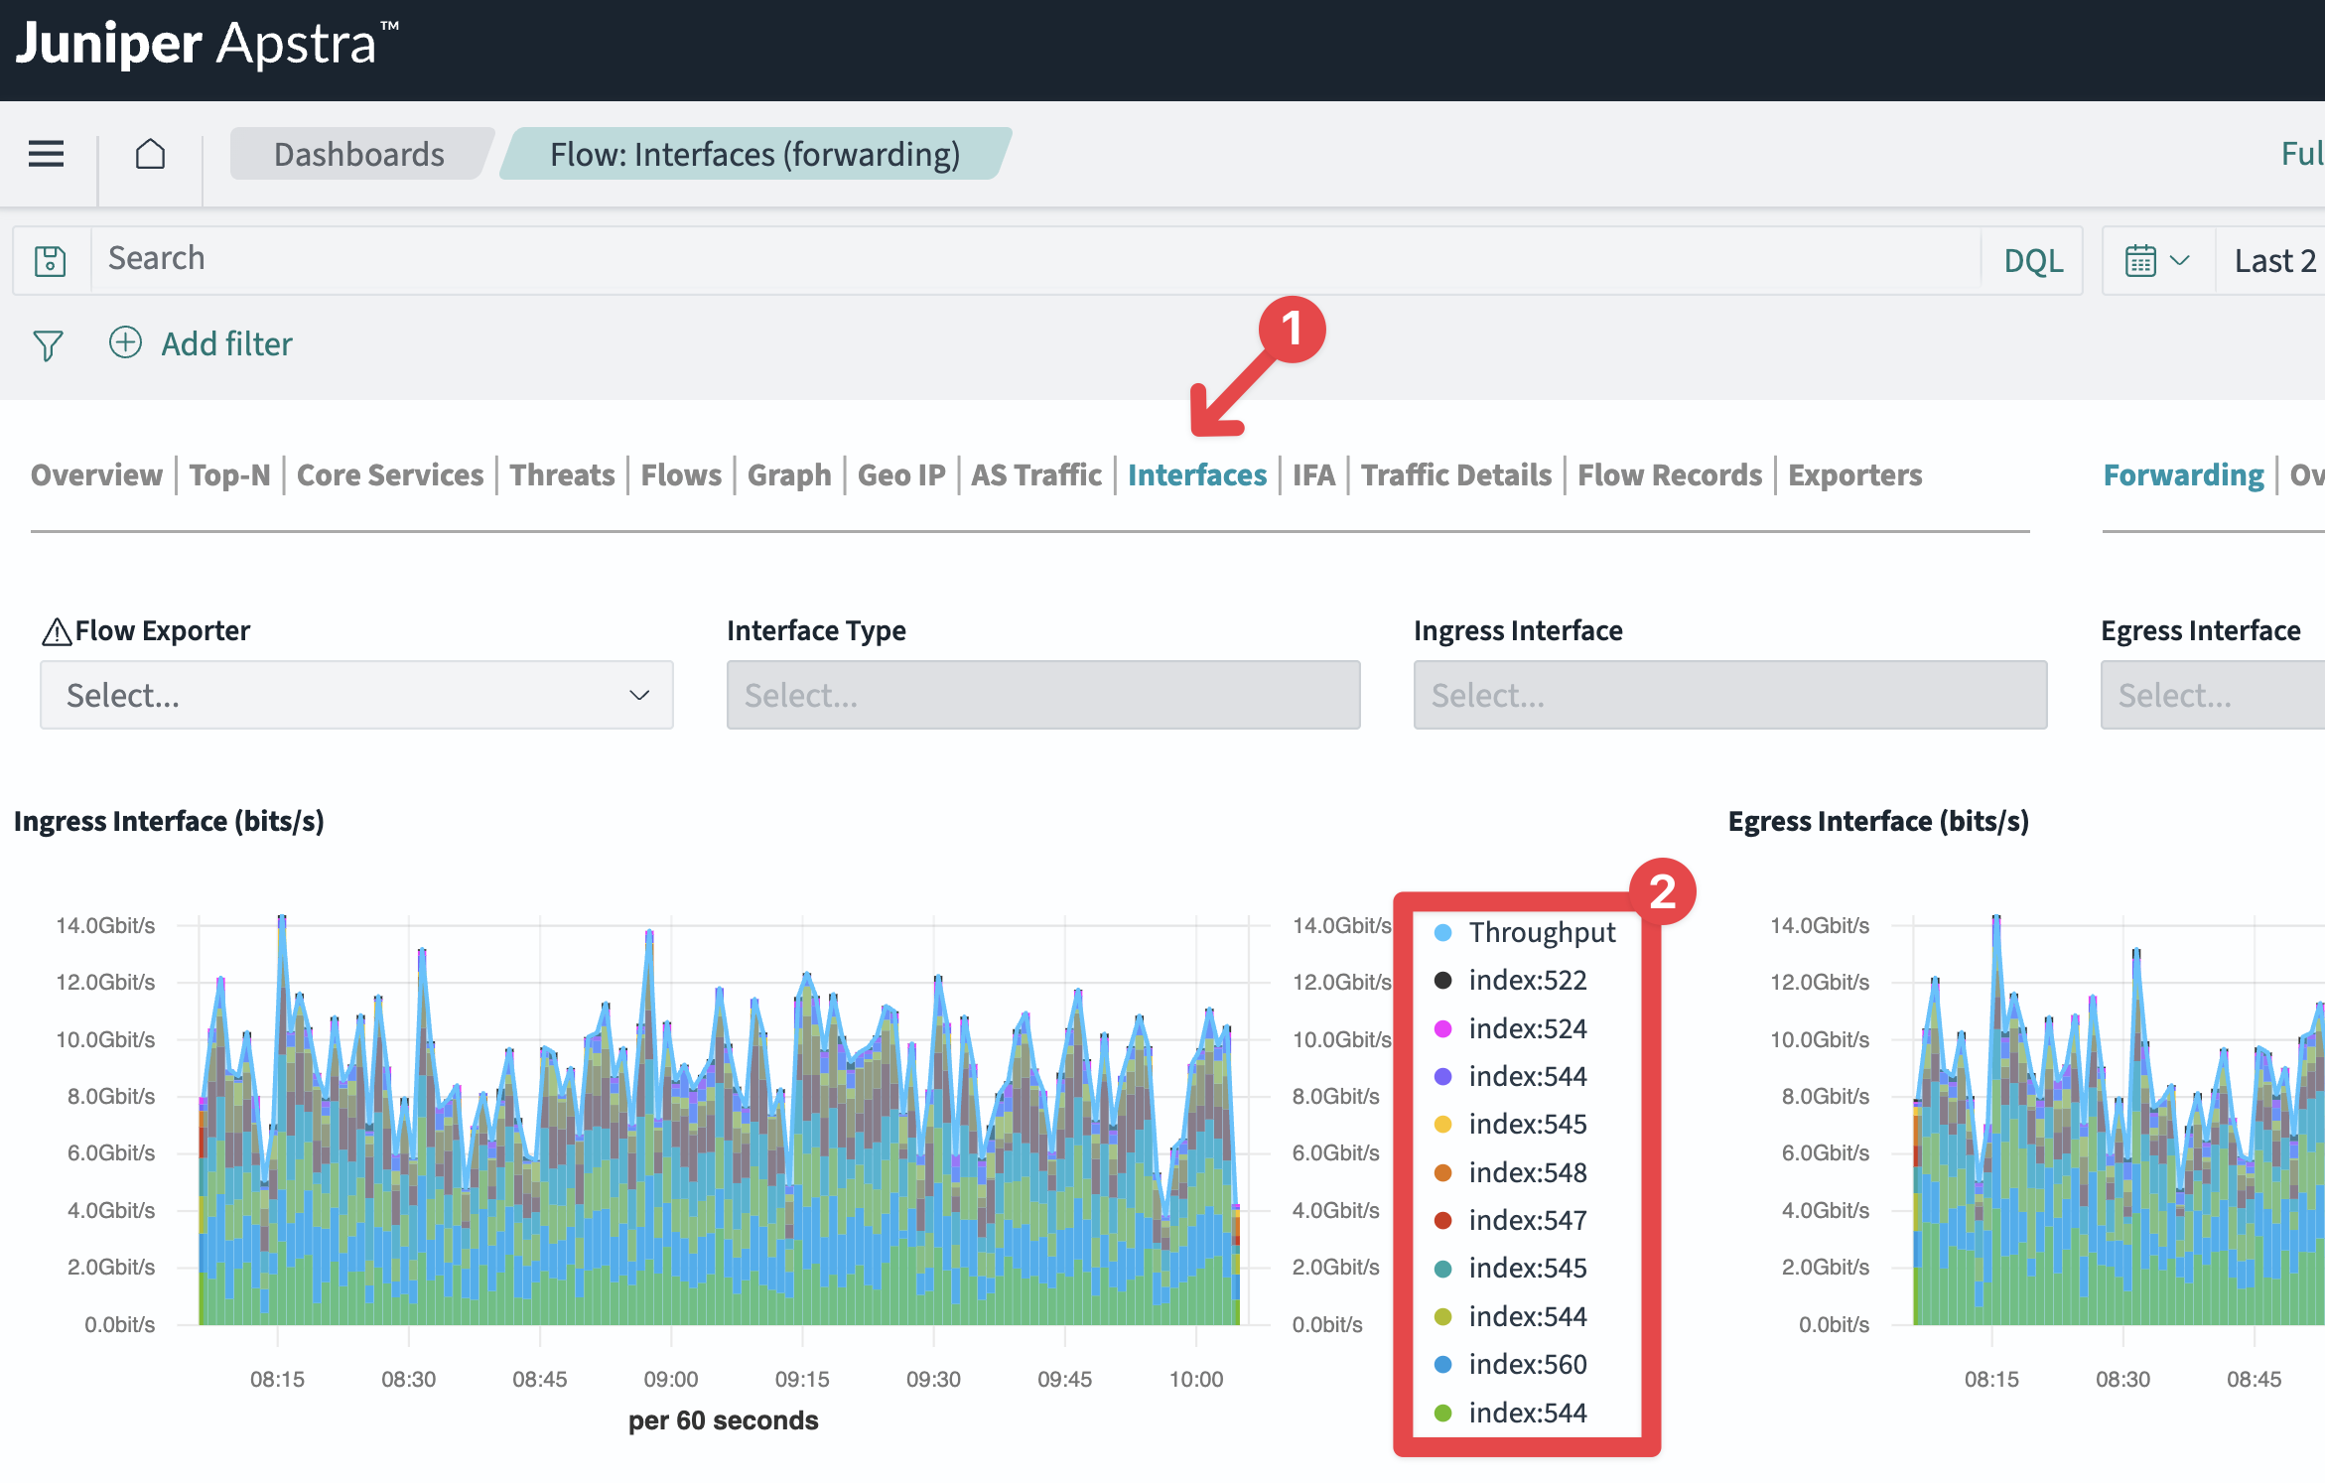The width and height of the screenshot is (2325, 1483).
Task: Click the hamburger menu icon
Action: (x=46, y=154)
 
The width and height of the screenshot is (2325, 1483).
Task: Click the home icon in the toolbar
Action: (x=150, y=154)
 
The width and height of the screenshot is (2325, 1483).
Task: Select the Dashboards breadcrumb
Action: (x=359, y=154)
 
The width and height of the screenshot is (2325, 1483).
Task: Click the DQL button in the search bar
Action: (x=2033, y=260)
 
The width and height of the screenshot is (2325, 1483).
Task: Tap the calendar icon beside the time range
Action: (x=2140, y=260)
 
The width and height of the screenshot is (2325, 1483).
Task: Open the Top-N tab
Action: (x=230, y=474)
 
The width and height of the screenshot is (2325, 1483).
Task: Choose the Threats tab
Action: (x=563, y=474)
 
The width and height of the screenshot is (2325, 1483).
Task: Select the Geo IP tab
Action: (x=901, y=474)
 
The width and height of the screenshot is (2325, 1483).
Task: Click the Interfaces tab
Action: (x=1197, y=474)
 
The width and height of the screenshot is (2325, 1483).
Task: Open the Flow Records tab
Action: (x=1670, y=474)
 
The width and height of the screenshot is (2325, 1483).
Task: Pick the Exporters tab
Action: (x=1855, y=474)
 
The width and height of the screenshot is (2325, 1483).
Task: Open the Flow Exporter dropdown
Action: (x=356, y=695)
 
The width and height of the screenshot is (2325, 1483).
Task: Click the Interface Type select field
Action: (x=1043, y=695)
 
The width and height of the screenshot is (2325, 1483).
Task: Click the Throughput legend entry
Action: (x=1525, y=932)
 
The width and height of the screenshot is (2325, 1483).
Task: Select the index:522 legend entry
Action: (x=1511, y=980)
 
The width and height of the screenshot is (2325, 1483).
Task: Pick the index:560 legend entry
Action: (x=1511, y=1364)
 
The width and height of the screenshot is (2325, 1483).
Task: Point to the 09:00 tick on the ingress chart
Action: (x=671, y=1379)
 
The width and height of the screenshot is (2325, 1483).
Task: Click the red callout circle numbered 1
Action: (x=1292, y=329)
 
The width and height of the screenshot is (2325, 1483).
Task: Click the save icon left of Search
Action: (x=50, y=260)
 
